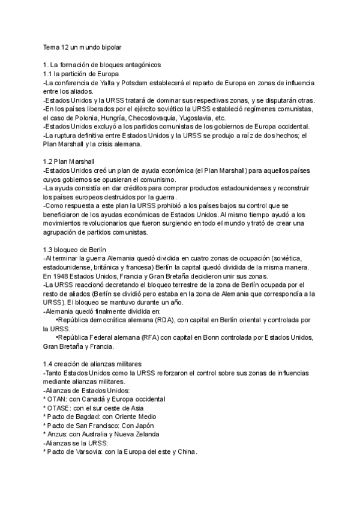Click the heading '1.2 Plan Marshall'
pyautogui.click(x=68, y=161)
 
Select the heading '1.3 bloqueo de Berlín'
pyautogui.click(x=75, y=250)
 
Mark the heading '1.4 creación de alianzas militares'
pyautogui.click(x=92, y=364)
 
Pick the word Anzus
pyautogui.click(x=58, y=435)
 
